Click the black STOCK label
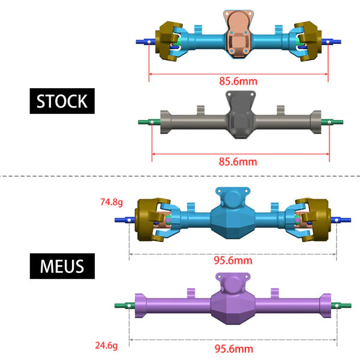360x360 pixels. pos(62,101)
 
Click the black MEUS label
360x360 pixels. pos(62,265)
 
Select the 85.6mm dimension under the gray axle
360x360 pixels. pos(238,161)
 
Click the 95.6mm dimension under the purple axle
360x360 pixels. pos(233,349)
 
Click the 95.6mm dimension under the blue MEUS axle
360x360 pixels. pos(233,260)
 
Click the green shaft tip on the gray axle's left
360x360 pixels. pos(145,122)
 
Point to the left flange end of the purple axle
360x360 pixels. pos(140,305)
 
